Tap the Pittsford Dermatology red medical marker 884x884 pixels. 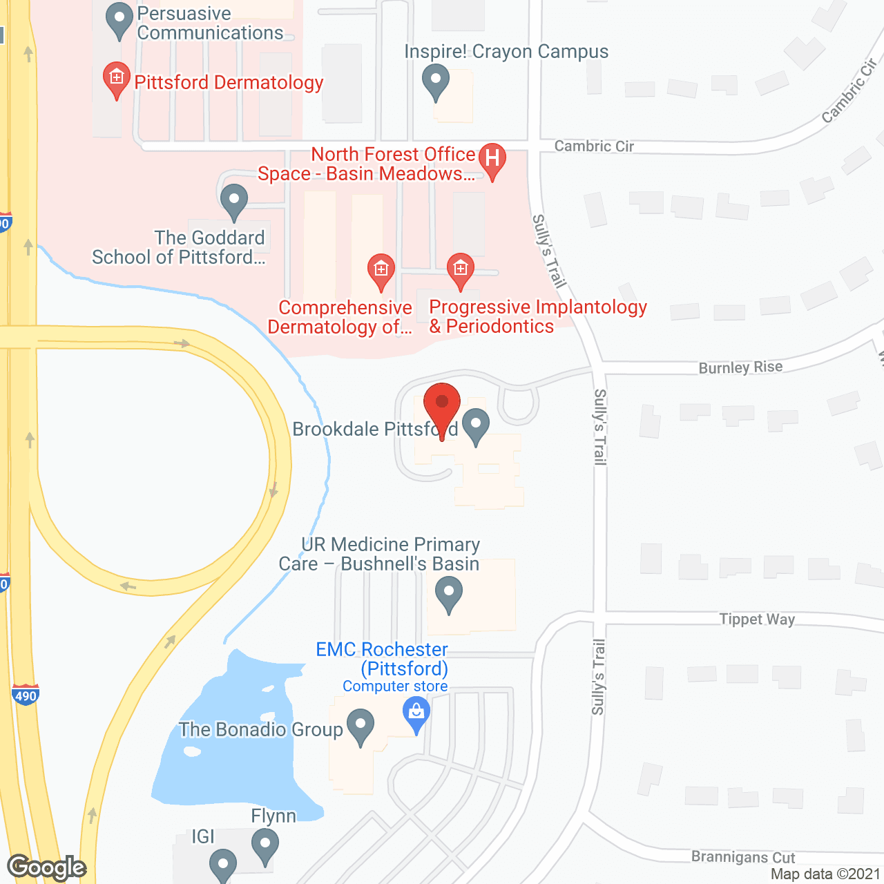[117, 79]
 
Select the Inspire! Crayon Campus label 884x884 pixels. [506, 52]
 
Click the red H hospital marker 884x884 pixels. [492, 159]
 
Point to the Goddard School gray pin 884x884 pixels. [234, 202]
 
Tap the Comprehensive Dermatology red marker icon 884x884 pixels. [381, 270]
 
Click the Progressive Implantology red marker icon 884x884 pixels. [461, 269]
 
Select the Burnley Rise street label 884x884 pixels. [740, 367]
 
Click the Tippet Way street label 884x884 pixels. [757, 619]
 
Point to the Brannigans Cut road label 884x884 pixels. [743, 857]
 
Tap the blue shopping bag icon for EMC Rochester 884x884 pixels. [416, 713]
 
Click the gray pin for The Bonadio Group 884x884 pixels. [360, 727]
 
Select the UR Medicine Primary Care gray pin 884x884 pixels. [449, 594]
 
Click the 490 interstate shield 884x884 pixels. [26, 694]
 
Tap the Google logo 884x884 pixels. [47, 867]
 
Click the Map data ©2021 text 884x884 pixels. [826, 874]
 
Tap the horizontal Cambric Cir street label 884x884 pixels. [594, 146]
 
